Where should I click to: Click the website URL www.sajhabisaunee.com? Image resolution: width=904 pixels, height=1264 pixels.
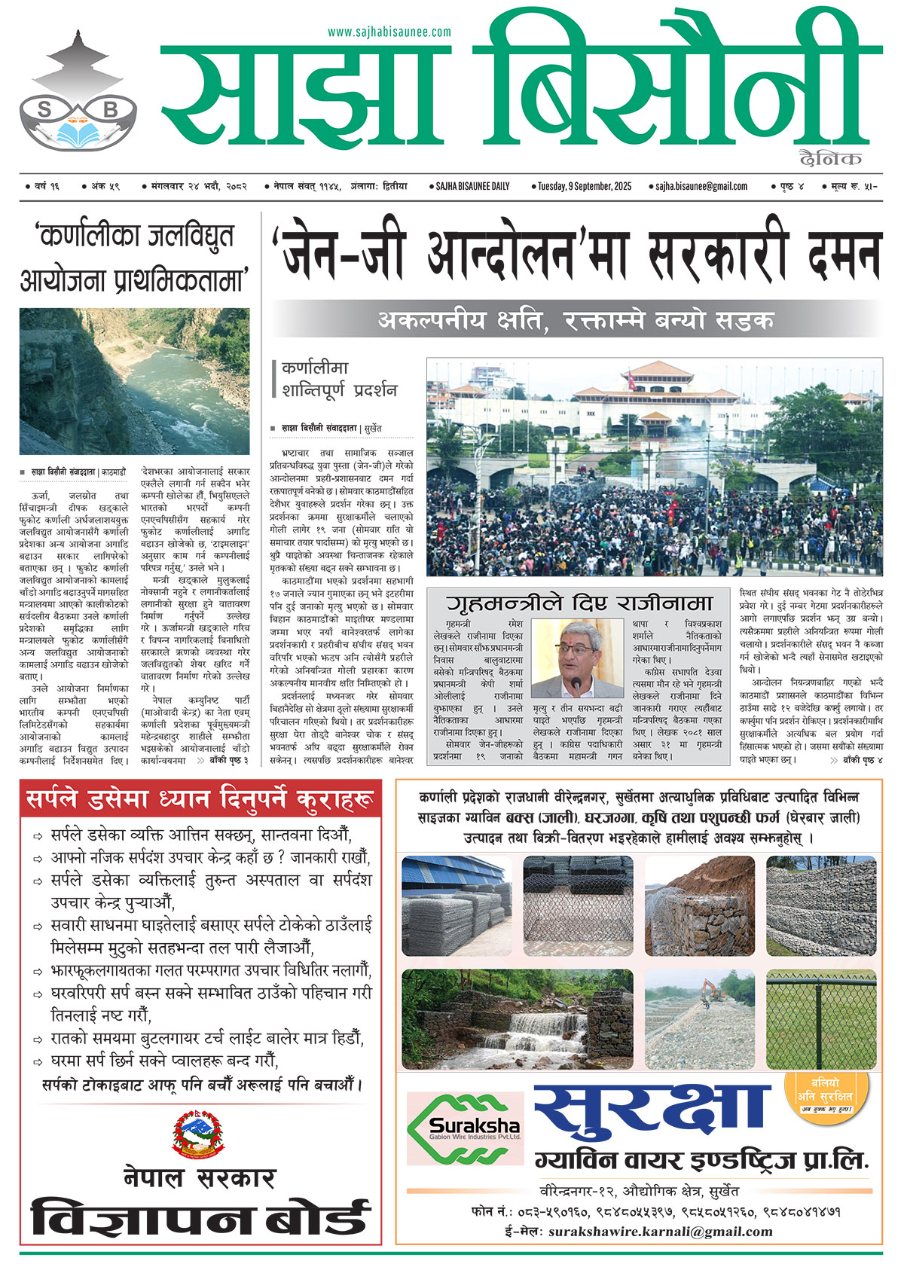(x=389, y=32)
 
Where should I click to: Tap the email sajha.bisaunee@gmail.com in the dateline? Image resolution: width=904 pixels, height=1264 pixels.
(x=701, y=186)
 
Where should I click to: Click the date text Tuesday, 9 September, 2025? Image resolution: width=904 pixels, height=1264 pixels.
(x=585, y=186)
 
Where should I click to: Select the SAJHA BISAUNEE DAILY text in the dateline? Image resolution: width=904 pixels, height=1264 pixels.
(x=472, y=186)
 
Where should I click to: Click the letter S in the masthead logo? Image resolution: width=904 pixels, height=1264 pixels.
(x=44, y=109)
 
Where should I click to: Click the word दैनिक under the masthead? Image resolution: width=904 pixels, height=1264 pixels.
(x=831, y=158)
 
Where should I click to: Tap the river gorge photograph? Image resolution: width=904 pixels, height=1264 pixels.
(x=135, y=381)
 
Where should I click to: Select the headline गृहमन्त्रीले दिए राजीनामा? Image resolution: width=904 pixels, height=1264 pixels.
(x=579, y=603)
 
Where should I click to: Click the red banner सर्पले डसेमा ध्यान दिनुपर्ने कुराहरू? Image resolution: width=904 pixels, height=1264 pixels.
(x=200, y=800)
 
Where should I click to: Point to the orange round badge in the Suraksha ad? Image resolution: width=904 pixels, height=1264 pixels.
(x=826, y=1093)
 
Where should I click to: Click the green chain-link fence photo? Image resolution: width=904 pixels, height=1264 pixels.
(x=821, y=1018)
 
